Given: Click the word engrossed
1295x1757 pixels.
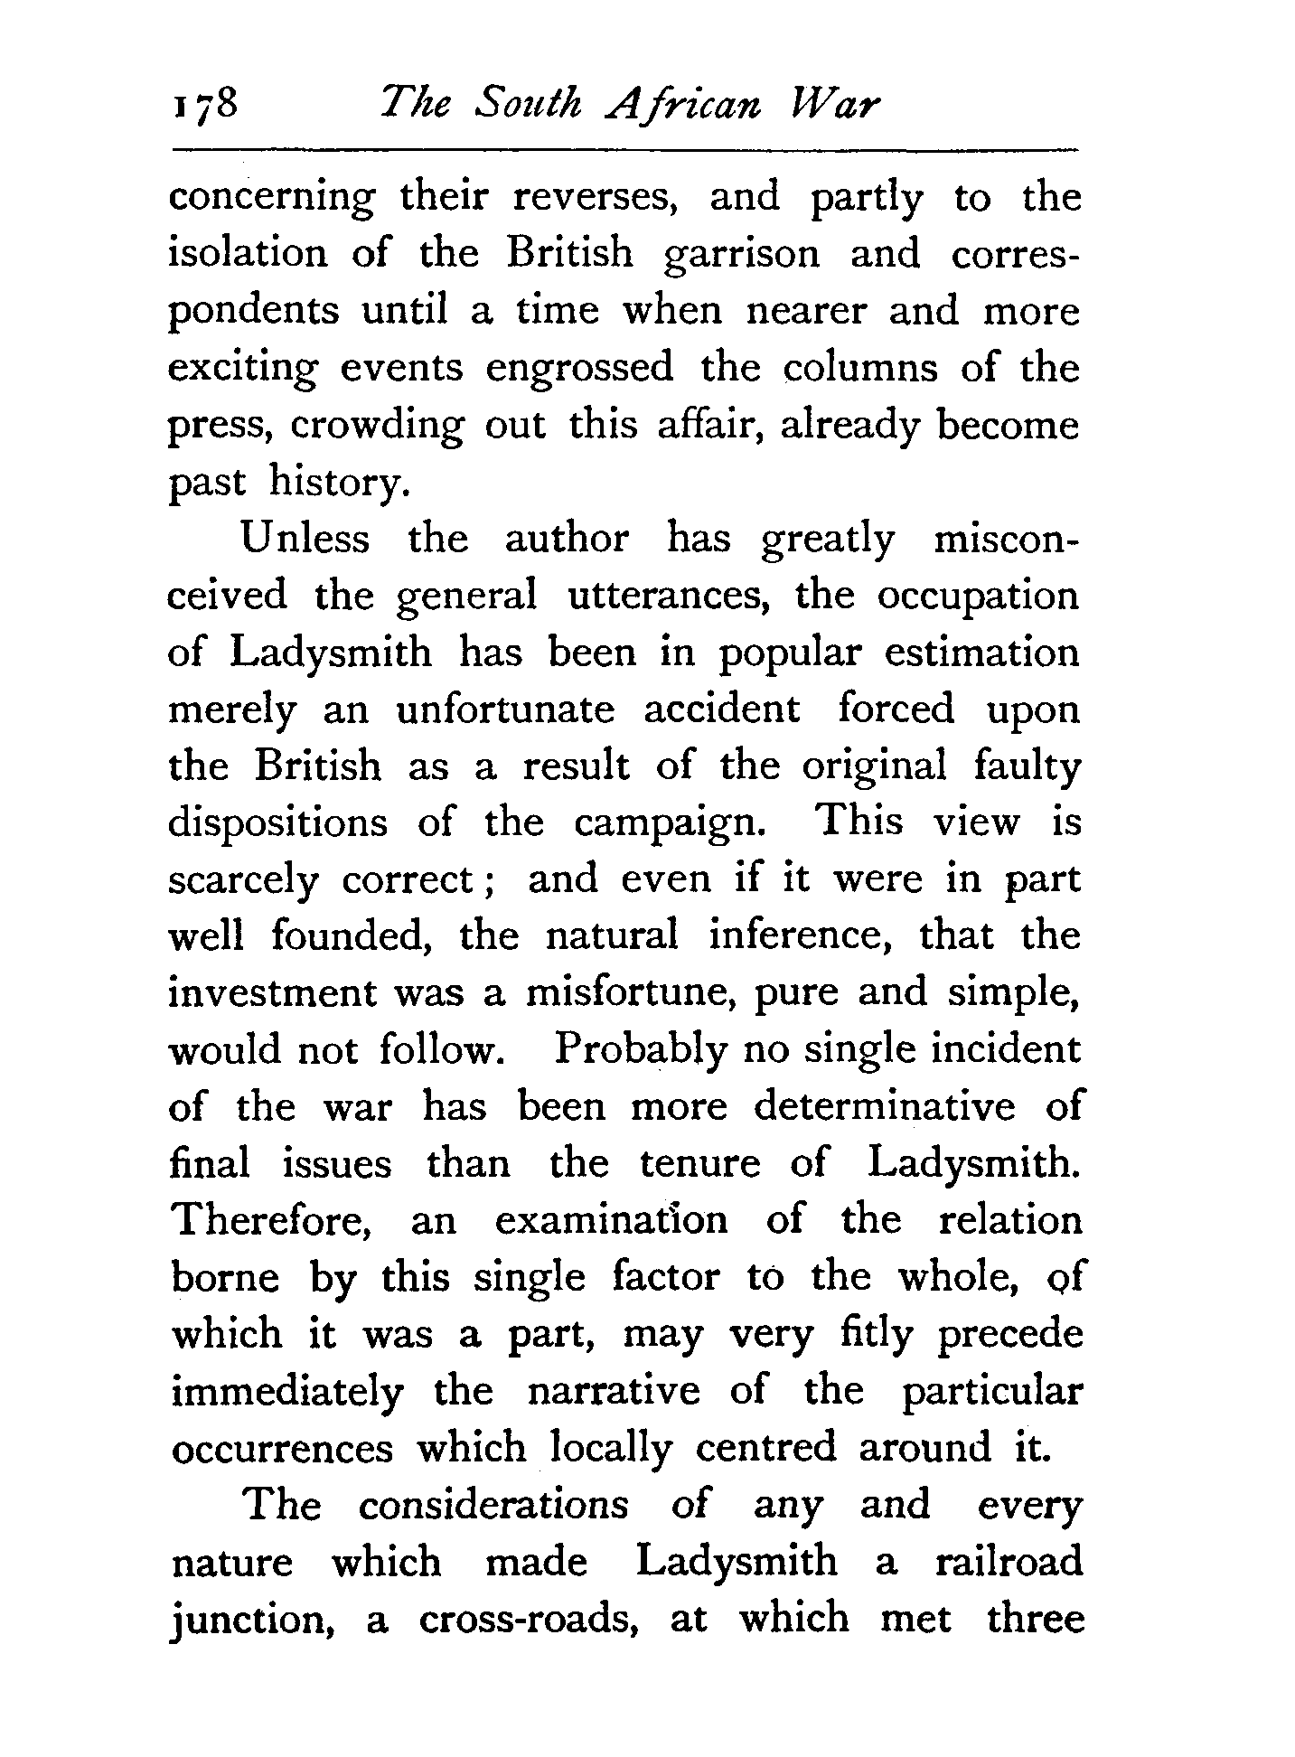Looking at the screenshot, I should tap(579, 370).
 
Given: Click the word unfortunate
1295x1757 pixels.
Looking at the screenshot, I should tap(505, 710).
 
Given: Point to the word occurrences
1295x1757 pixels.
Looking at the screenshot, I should tap(282, 1449).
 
